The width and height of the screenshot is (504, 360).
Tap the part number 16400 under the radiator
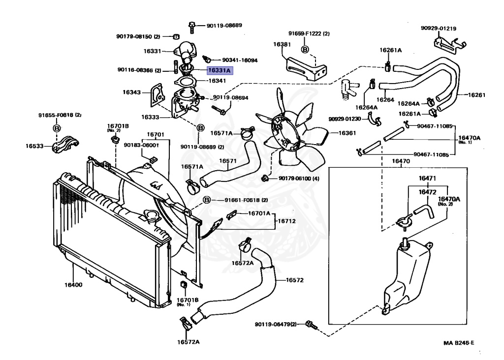(73, 284)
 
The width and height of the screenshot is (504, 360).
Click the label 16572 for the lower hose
(294, 280)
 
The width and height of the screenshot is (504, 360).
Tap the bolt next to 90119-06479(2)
(310, 324)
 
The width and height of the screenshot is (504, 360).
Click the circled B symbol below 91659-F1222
(305, 49)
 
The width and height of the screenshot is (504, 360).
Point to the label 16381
(283, 44)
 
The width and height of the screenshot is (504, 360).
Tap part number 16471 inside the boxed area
(428, 178)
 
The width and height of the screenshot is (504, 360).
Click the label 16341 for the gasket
(217, 81)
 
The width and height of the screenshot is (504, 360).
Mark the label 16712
(286, 221)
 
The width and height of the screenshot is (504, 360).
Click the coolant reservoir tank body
(409, 280)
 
